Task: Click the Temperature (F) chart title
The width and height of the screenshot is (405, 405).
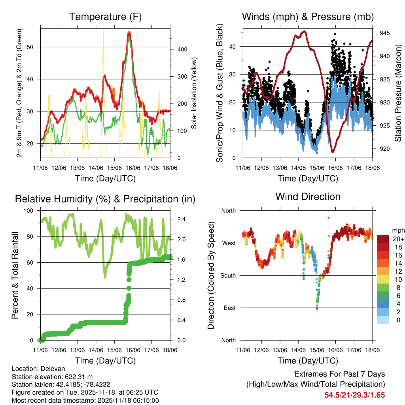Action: (x=105, y=17)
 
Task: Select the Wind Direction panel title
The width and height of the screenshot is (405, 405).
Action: (x=308, y=197)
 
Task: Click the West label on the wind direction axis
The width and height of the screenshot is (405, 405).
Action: (x=228, y=243)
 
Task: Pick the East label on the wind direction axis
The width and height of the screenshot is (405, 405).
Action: (x=229, y=308)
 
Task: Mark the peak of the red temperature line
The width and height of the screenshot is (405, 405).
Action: (x=129, y=33)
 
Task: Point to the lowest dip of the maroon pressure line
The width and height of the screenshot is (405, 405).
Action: (x=333, y=151)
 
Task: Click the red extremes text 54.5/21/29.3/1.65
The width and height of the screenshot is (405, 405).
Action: (x=355, y=395)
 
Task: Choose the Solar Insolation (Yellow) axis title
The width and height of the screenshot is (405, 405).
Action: (x=194, y=94)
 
